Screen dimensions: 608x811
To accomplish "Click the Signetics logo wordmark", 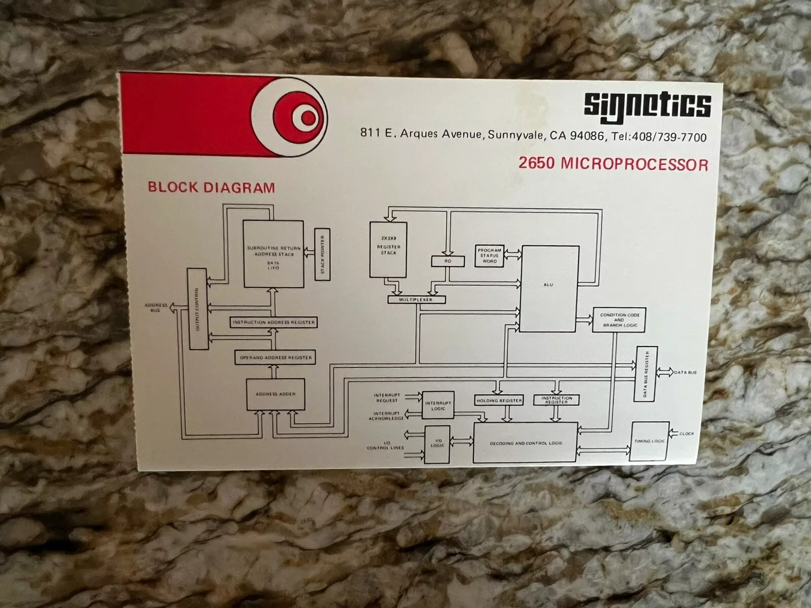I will click(647, 106).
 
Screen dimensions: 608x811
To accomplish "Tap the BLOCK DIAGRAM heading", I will click(211, 187).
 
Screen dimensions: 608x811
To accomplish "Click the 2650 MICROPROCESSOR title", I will click(613, 164).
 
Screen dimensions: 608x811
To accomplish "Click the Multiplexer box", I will click(416, 299).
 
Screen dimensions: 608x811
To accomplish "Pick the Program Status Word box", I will click(489, 256).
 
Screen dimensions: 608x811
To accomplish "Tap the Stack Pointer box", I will click(322, 254).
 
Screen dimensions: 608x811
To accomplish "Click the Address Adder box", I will click(276, 394).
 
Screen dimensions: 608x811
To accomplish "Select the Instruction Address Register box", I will click(274, 322).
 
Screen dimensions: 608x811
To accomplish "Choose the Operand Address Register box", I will click(276, 358).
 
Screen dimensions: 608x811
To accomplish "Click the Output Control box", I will click(198, 309).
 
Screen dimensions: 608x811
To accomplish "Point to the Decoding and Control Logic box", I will click(526, 442).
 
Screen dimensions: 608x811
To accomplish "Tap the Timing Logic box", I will click(649, 441).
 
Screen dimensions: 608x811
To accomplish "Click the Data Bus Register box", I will click(646, 373).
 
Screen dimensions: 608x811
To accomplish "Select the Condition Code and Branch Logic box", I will click(619, 320).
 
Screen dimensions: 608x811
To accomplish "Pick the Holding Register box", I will click(499, 400).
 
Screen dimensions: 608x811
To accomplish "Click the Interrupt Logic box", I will click(438, 405).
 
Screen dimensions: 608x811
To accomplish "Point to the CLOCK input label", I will click(686, 434).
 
